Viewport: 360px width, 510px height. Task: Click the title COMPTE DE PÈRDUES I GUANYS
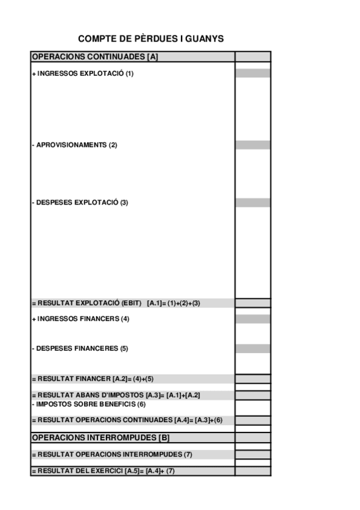point(151,39)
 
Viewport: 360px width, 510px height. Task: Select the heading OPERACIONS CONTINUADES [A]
point(94,57)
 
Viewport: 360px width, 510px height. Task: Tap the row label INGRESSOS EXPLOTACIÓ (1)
point(82,73)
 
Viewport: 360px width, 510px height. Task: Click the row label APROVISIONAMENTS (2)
point(74,146)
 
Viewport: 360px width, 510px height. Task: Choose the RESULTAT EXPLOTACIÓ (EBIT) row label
point(115,303)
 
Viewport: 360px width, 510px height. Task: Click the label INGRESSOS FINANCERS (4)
point(81,319)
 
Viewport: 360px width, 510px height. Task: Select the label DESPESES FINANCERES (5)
point(80,349)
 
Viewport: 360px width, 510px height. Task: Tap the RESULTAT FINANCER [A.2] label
point(93,379)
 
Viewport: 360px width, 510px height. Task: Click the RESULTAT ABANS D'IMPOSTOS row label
point(115,395)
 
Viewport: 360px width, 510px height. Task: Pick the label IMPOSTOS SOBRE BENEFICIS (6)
point(88,404)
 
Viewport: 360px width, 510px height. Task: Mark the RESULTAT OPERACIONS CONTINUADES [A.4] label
point(126,420)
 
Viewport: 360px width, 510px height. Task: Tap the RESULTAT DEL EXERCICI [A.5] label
point(102,471)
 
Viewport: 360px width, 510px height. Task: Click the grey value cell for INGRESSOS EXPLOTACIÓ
point(252,73)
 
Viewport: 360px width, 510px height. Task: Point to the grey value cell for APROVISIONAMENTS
point(252,146)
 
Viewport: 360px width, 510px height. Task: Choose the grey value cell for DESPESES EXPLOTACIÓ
point(252,203)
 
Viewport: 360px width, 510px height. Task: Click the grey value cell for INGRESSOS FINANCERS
point(252,319)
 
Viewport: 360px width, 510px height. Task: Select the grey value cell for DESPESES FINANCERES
point(252,349)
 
